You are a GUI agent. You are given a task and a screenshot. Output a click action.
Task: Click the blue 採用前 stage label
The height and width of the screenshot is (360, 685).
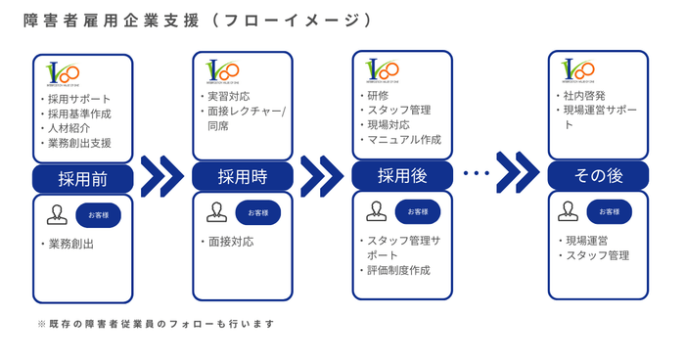[82, 178]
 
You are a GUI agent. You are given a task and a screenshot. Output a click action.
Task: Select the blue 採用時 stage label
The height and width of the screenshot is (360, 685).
[242, 177]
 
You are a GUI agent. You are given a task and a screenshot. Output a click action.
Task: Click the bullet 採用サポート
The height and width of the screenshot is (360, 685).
[78, 99]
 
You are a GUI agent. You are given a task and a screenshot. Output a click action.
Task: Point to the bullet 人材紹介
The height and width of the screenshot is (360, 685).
[70, 128]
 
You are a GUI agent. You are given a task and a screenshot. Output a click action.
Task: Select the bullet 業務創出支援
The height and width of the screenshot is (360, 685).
[78, 143]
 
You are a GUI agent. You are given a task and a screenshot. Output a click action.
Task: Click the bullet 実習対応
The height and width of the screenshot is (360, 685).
[230, 97]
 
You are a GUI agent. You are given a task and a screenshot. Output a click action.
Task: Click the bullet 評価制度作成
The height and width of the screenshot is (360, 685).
[396, 270]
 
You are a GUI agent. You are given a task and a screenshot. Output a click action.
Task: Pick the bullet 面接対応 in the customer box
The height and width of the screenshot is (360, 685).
[230, 241]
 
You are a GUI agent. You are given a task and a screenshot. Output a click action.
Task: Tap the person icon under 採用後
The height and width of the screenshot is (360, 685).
[376, 211]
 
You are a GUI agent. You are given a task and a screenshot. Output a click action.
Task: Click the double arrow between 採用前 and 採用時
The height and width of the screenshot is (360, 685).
[162, 177]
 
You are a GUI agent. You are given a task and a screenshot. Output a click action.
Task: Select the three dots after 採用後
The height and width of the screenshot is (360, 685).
[476, 174]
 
